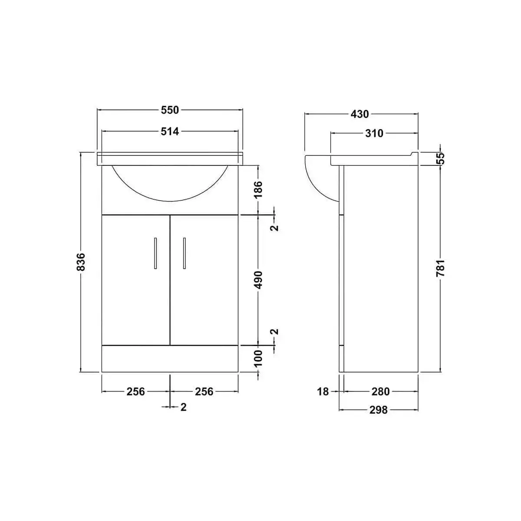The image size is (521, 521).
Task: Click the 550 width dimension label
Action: (x=170, y=110)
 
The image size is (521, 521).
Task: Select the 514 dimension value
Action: (x=170, y=132)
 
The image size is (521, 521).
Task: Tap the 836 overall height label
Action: (x=81, y=262)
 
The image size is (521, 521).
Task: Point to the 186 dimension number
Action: (x=258, y=189)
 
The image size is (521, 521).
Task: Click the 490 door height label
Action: (x=258, y=280)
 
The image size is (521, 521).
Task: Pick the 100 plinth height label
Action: (x=258, y=358)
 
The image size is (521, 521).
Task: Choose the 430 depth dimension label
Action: (x=359, y=114)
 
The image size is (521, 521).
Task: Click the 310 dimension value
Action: (x=374, y=133)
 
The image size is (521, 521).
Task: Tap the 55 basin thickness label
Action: (x=441, y=158)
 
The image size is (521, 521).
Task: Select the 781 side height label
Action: (x=441, y=268)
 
